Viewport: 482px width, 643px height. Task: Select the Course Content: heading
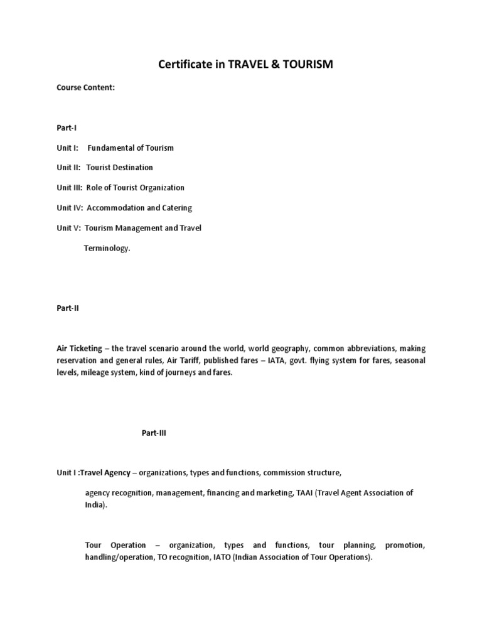coord(86,88)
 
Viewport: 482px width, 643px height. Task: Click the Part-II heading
coord(68,308)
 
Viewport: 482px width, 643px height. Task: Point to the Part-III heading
coord(154,433)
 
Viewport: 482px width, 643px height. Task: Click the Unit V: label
coord(68,228)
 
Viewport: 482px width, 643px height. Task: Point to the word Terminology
coord(107,248)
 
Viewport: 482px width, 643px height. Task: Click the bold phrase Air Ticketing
coord(78,349)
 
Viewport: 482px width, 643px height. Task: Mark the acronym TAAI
coord(304,493)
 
